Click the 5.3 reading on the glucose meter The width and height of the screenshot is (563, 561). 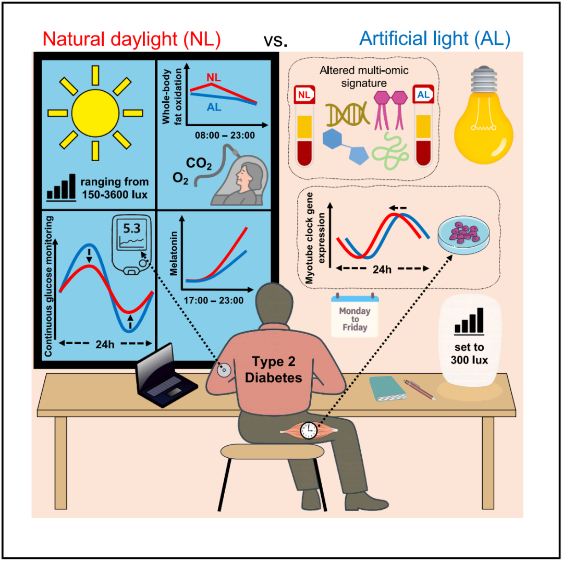pyautogui.click(x=131, y=228)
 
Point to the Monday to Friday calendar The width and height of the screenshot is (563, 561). pyautogui.click(x=354, y=316)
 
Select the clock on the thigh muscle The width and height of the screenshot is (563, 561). pyautogui.click(x=309, y=431)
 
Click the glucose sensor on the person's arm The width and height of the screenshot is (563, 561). pyautogui.click(x=225, y=371)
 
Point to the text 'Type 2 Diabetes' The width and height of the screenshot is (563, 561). pyautogui.click(x=276, y=370)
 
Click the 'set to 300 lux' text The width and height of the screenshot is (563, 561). pyautogui.click(x=469, y=353)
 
